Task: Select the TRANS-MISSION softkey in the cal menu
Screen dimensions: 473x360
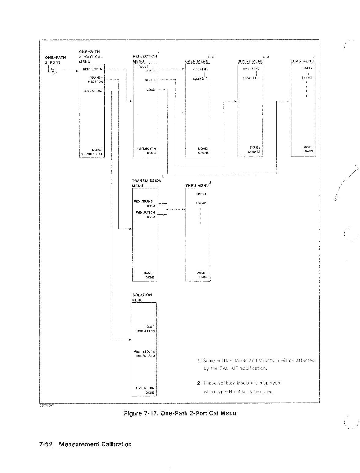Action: pyautogui.click(x=96, y=80)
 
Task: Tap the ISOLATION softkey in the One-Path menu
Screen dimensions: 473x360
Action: pyautogui.click(x=93, y=91)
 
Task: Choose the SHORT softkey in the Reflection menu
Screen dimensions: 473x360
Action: pyautogui.click(x=150, y=80)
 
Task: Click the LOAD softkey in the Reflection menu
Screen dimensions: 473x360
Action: pyautogui.click(x=151, y=90)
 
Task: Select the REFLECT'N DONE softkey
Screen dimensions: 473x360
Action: pyautogui.click(x=147, y=150)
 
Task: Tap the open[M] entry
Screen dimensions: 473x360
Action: pyautogui.click(x=201, y=69)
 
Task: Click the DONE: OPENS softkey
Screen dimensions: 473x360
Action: pyautogui.click(x=203, y=150)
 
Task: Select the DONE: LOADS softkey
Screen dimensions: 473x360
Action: pyautogui.click(x=308, y=149)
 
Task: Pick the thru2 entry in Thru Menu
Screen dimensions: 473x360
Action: pyautogui.click(x=201, y=203)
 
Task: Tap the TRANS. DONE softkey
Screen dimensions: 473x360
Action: pyautogui.click(x=148, y=275)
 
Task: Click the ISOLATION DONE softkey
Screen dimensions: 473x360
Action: pyautogui.click(x=146, y=390)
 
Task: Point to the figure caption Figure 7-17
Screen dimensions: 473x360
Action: pyautogui.click(x=180, y=413)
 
